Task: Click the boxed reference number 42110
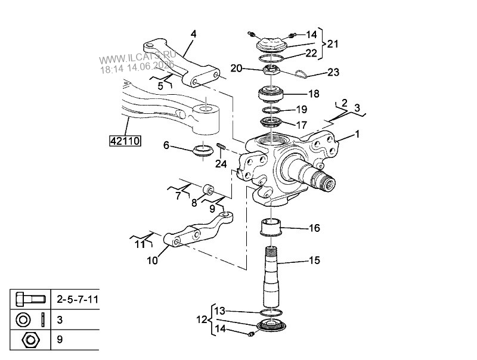[x=125, y=141]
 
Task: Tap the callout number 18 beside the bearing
[x=314, y=94]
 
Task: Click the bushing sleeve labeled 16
[x=271, y=227]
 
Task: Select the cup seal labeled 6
[x=202, y=150]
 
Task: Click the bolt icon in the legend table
[x=31, y=299]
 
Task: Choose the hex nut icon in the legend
[x=29, y=340]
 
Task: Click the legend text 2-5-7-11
[x=78, y=300]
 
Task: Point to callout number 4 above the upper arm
[x=193, y=34]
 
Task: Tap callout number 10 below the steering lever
[x=153, y=260]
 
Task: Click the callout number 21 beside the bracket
[x=333, y=44]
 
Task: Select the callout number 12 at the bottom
[x=202, y=320]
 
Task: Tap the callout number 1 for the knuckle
[x=357, y=134]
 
